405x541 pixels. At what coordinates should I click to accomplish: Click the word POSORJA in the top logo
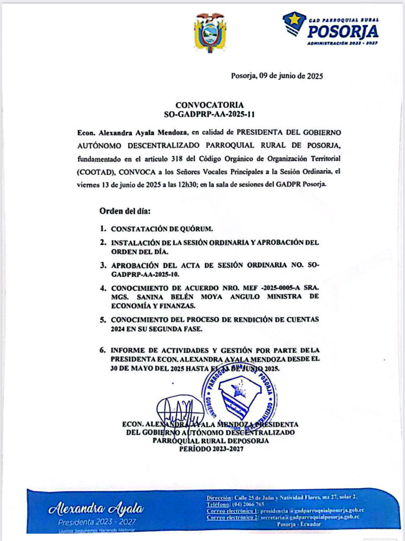click(343, 32)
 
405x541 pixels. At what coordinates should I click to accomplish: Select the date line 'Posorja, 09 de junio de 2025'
click(277, 76)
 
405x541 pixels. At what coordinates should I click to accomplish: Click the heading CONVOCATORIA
click(209, 105)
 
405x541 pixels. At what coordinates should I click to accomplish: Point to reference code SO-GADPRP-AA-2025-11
click(209, 114)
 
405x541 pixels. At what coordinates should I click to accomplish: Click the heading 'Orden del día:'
click(125, 211)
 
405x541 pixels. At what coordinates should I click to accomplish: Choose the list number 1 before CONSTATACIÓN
click(103, 229)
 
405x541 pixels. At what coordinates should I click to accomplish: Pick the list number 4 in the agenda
click(103, 288)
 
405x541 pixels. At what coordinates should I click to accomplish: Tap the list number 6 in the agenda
click(103, 350)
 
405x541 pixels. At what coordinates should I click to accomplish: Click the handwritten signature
click(180, 410)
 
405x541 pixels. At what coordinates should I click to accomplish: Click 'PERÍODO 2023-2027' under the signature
click(211, 449)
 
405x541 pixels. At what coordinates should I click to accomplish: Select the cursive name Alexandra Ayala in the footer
click(96, 508)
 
